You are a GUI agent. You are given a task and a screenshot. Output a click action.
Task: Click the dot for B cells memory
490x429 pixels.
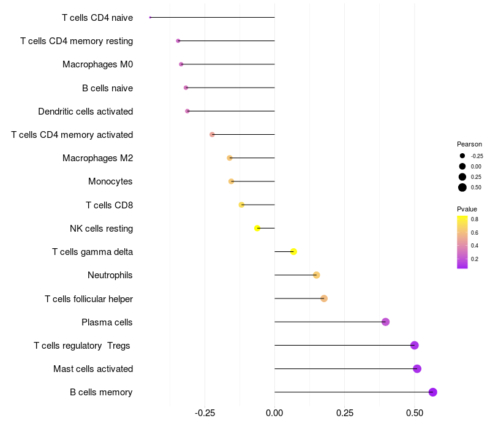click(x=433, y=392)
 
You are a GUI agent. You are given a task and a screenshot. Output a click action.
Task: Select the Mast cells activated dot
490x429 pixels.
click(x=417, y=368)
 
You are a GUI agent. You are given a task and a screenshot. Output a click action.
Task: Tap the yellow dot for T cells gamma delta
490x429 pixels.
click(x=294, y=252)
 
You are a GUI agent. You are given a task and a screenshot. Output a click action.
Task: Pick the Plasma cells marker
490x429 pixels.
click(x=386, y=322)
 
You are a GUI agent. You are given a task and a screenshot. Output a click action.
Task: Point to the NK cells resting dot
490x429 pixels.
click(x=257, y=228)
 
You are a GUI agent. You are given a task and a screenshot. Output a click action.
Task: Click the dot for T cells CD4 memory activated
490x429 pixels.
click(x=212, y=134)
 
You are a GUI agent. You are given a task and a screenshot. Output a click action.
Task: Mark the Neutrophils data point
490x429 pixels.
click(x=317, y=275)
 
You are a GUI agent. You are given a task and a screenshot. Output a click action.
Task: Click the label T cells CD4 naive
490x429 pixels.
click(x=97, y=18)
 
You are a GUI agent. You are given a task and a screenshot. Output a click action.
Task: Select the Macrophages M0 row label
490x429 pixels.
click(x=97, y=64)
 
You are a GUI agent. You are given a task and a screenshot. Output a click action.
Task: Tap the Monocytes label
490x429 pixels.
click(x=110, y=181)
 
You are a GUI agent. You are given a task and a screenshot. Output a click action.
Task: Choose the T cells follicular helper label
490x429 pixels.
click(x=89, y=298)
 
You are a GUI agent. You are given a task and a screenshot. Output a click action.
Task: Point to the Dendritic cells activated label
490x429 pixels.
click(x=85, y=112)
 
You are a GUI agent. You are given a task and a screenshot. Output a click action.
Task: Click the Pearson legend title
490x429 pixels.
click(x=469, y=144)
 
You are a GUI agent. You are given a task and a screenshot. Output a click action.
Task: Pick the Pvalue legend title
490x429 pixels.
click(x=467, y=209)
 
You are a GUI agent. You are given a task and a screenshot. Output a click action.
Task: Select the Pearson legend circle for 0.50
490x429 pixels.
click(x=462, y=188)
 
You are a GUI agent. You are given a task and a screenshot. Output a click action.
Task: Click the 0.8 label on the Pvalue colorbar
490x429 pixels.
click(x=475, y=219)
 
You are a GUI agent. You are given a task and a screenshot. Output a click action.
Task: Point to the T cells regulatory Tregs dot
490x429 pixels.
click(x=415, y=345)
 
